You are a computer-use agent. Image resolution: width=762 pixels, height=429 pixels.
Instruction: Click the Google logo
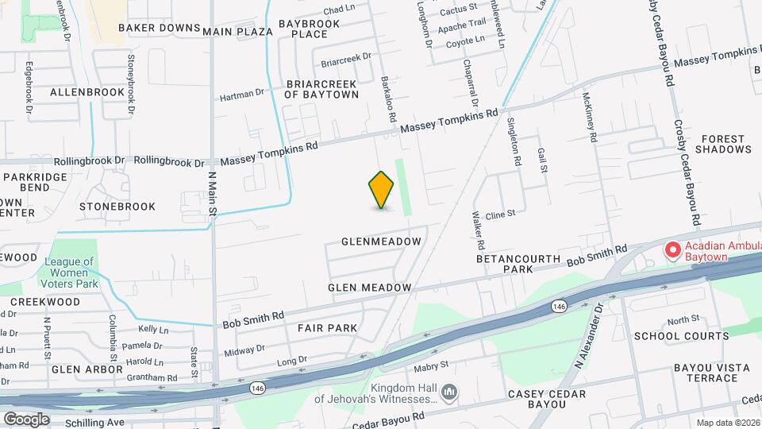tap(26, 419)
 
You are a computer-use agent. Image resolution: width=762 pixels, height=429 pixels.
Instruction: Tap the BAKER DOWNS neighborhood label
tap(160, 28)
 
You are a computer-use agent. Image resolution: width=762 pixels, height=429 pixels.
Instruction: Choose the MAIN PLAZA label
tap(237, 32)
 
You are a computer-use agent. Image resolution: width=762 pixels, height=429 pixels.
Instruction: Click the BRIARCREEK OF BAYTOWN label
tap(321, 88)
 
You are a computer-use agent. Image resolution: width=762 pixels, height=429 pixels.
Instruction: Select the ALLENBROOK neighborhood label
tap(87, 92)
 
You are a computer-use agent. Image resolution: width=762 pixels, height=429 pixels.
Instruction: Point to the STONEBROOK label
tap(117, 207)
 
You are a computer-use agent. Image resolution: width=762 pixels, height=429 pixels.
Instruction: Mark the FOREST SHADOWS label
tap(723, 143)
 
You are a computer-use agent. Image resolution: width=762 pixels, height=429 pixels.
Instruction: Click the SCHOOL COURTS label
tap(681, 336)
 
